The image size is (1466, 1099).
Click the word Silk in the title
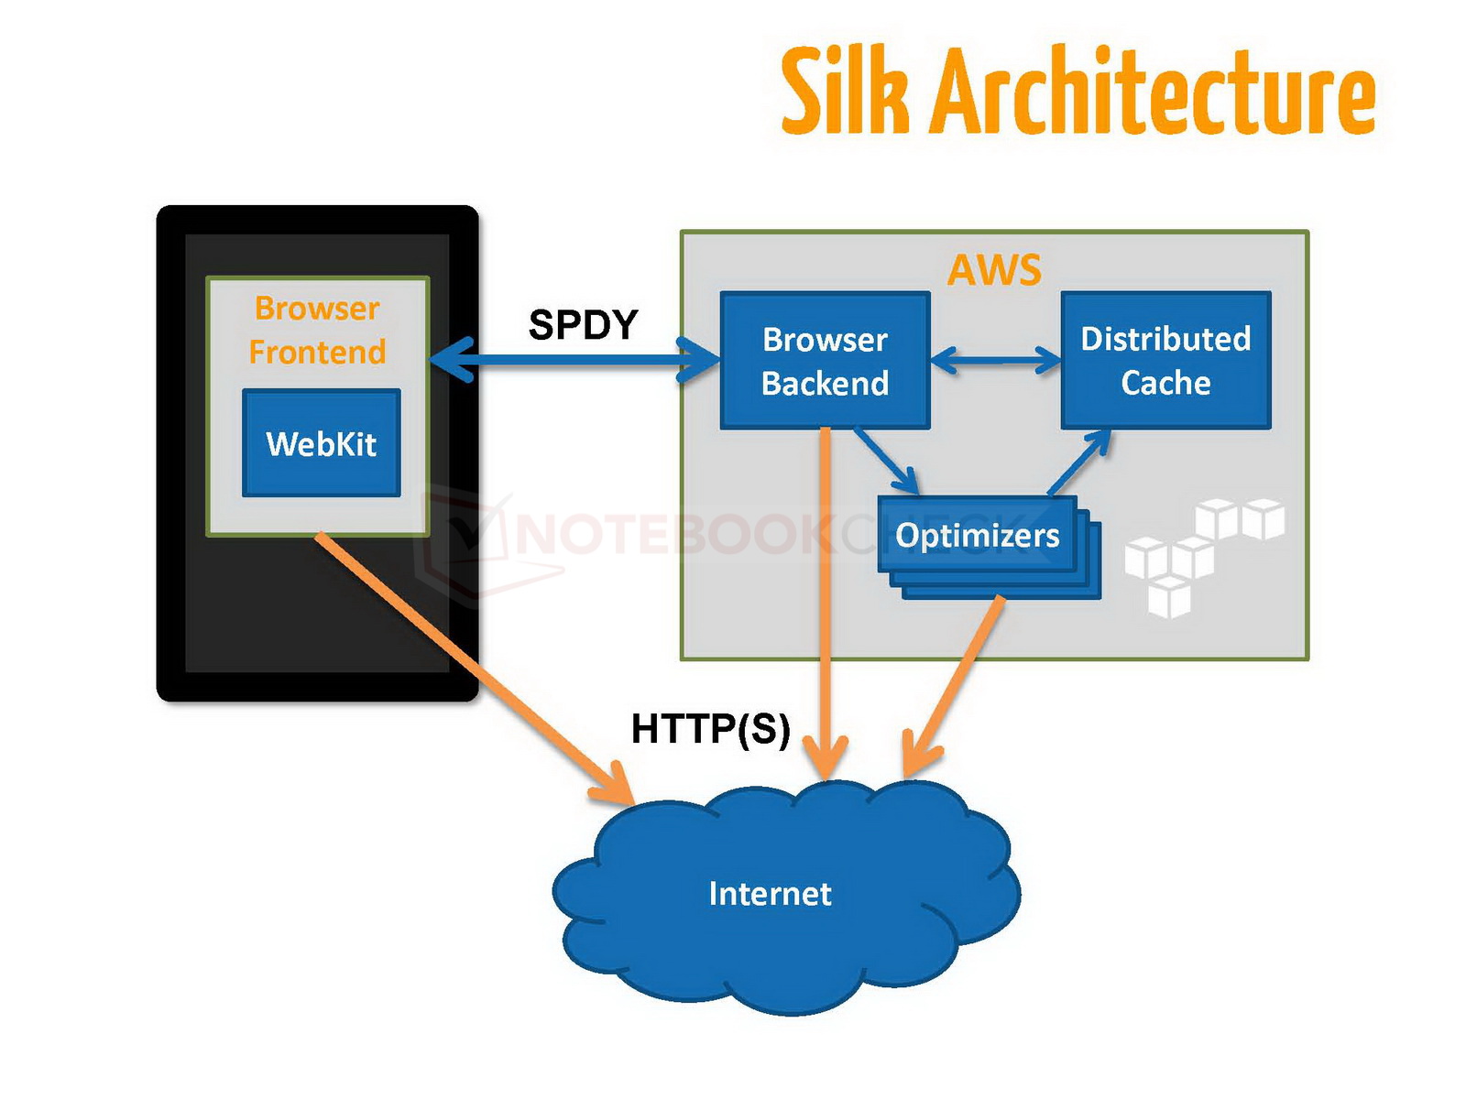tap(844, 92)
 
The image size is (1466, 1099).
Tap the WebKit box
tap(322, 444)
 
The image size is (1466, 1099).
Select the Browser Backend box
tap(825, 361)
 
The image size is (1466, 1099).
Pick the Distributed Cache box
tap(1165, 361)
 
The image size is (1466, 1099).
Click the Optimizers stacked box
tap(978, 536)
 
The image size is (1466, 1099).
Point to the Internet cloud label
tap(770, 894)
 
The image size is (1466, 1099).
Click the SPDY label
tap(583, 325)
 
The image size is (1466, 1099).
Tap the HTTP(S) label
tap(710, 729)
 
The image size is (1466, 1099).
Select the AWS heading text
tap(994, 270)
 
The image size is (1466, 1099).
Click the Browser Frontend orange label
tap(317, 330)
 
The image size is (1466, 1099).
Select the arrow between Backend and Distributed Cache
tap(996, 359)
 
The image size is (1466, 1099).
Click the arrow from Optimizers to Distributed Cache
tap(1079, 462)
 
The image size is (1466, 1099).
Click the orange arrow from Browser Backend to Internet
tap(826, 604)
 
